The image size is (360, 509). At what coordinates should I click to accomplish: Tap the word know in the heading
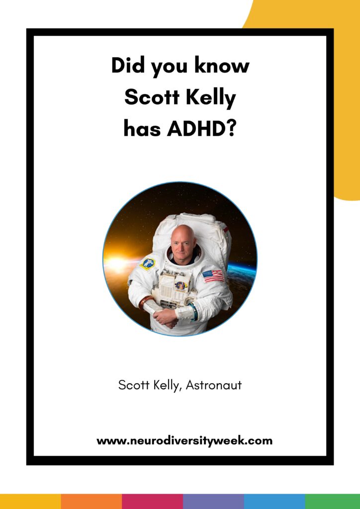point(222,65)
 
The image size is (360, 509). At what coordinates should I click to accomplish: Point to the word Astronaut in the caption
point(214,385)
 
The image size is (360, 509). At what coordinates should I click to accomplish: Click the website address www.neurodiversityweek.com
point(184,441)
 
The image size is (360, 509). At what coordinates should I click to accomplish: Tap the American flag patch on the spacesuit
point(213,275)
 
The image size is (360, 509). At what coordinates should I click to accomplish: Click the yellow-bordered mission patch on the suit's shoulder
point(148,263)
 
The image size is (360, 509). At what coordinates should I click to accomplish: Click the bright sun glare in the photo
point(117,263)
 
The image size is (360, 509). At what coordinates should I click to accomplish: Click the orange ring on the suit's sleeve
point(145,302)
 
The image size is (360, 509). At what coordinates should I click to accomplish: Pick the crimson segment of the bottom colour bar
point(153,502)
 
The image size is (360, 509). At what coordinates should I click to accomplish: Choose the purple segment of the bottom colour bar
point(214,502)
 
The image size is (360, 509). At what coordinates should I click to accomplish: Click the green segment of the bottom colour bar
point(333,502)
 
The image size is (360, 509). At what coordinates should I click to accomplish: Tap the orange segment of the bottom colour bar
point(91,502)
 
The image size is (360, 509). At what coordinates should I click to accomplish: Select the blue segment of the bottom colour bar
point(274,502)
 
